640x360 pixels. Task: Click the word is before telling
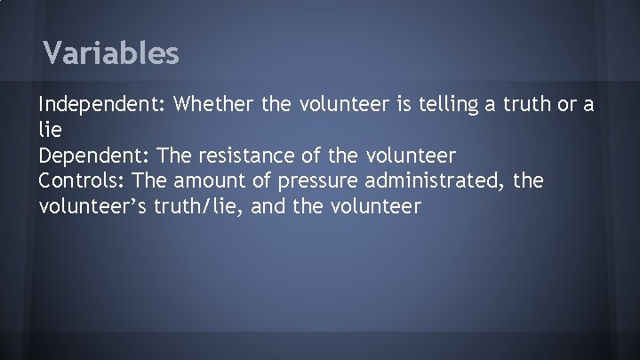coord(384,107)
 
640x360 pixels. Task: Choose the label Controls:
coord(81,181)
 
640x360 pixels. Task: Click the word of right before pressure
coord(268,181)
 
